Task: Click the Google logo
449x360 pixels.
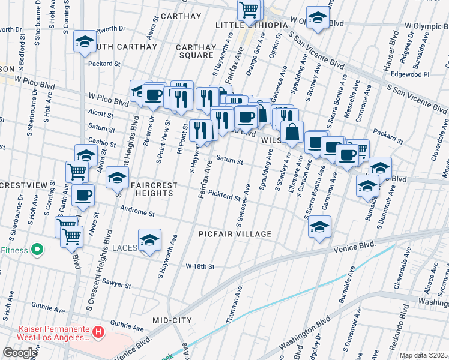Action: [x=20, y=353]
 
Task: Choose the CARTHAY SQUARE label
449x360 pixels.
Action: [x=196, y=51]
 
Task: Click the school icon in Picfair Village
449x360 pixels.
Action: [x=319, y=227]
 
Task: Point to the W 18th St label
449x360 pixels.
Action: [x=200, y=266]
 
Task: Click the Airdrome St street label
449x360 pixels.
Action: [x=137, y=213]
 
